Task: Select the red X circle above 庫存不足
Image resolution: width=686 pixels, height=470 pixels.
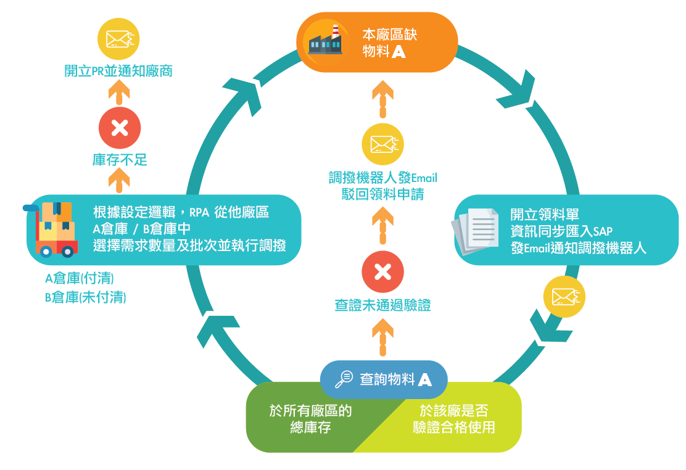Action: [x=120, y=128]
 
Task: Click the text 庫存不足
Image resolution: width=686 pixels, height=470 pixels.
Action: [x=120, y=160]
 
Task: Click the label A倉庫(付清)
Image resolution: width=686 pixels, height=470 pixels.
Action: [x=80, y=278]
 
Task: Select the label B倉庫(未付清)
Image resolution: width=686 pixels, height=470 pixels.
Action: [x=85, y=298]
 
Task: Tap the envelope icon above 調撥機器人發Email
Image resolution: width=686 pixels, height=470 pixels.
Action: [x=382, y=144]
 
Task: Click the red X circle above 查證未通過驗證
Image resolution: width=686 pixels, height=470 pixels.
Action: [x=382, y=271]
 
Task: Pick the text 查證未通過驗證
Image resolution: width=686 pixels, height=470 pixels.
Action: [x=382, y=305]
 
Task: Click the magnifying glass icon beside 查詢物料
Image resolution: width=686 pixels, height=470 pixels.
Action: [x=344, y=379]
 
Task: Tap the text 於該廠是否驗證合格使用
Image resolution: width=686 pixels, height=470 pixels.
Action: [x=454, y=419]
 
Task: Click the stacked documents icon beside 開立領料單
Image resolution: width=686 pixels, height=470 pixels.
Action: [x=476, y=231]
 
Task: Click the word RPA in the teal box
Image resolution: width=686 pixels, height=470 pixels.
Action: [x=199, y=213]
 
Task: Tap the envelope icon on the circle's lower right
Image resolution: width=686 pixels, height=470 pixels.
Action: [x=564, y=297]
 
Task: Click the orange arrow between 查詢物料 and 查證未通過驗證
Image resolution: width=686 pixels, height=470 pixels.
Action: [x=382, y=339]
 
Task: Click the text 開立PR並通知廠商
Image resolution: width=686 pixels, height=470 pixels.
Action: [x=118, y=71]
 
